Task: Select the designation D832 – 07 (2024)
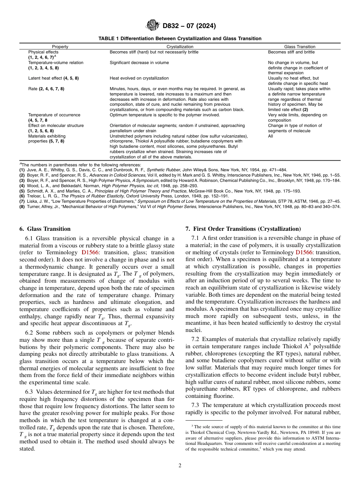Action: click(189, 26)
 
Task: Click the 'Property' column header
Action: click(60, 47)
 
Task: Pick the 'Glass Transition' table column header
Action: click(299, 47)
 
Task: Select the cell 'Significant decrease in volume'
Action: click(139, 63)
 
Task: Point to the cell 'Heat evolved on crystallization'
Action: click(139, 78)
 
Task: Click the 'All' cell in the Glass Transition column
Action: click(270, 136)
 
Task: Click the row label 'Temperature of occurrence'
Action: click(54, 115)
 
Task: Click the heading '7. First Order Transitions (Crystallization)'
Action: click(243, 229)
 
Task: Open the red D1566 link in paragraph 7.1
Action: click(304, 252)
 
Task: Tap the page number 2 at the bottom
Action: click(180, 466)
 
